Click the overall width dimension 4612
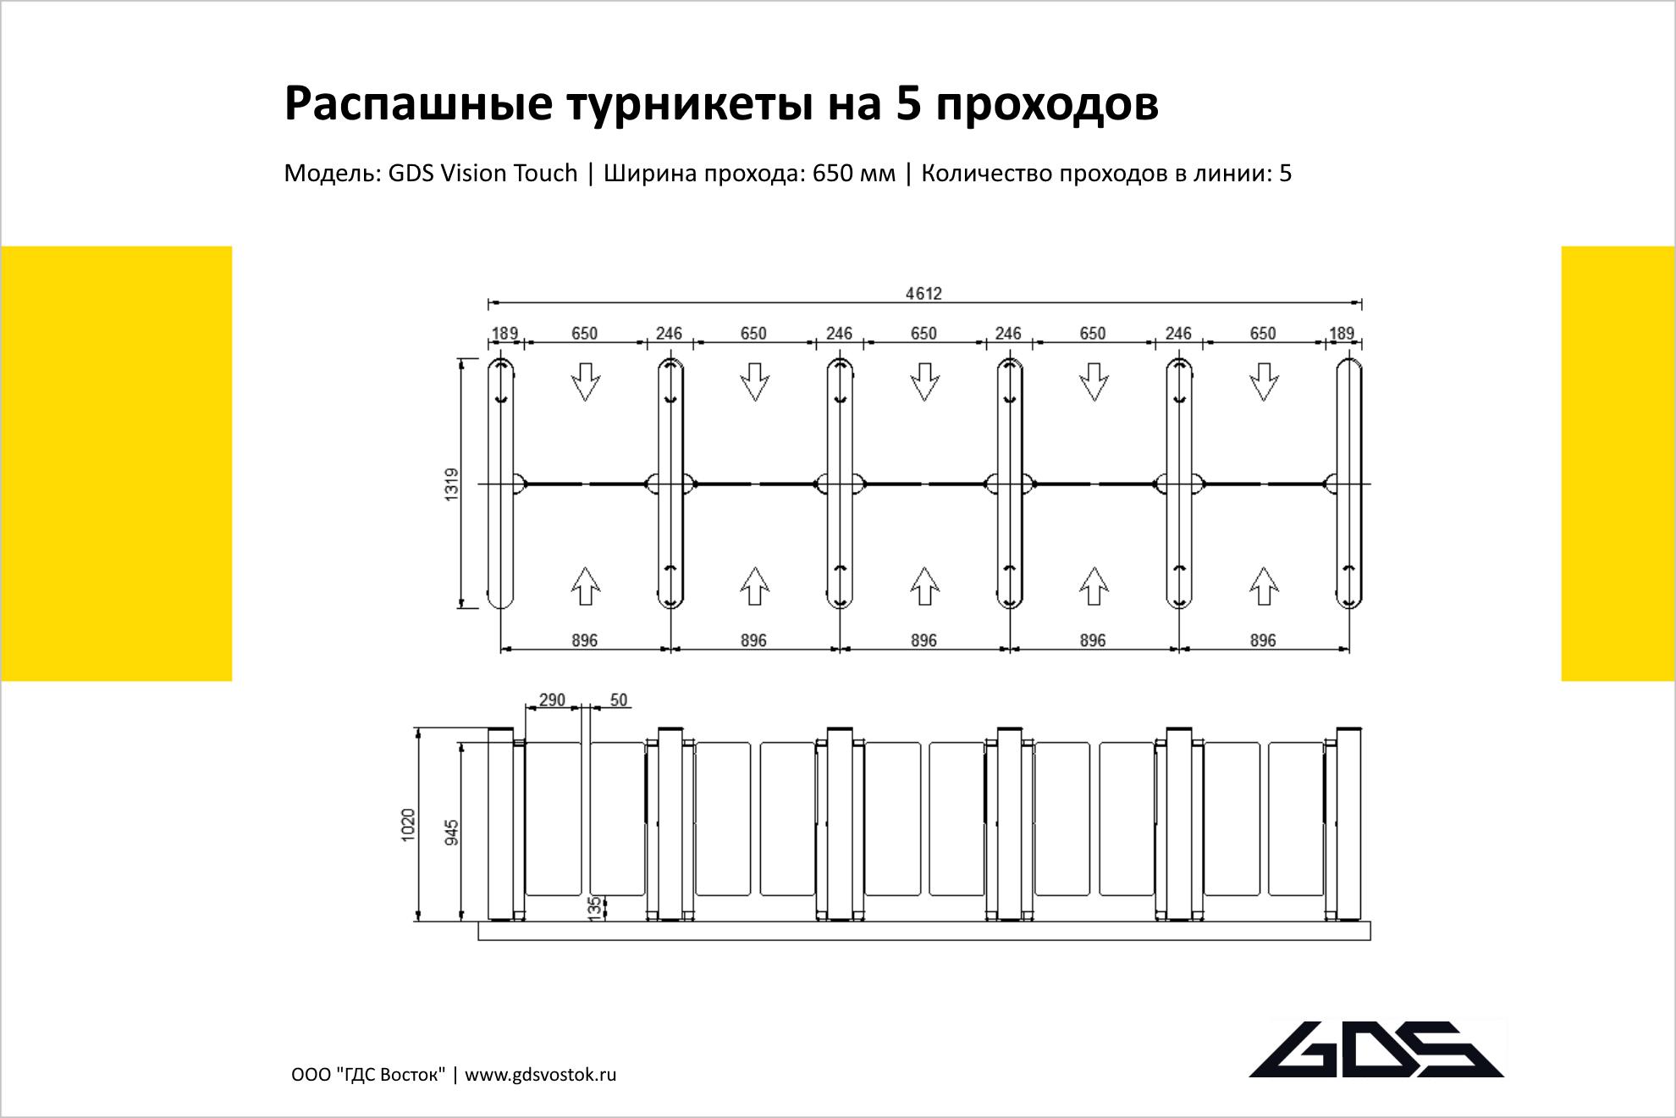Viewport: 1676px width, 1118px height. click(x=923, y=293)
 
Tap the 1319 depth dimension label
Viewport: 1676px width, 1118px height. click(x=451, y=484)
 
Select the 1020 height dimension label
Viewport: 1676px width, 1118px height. click(x=408, y=825)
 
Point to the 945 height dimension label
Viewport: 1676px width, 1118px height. click(x=452, y=832)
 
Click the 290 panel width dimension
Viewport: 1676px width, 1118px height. click(x=552, y=700)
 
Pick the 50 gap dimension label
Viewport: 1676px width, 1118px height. click(x=619, y=700)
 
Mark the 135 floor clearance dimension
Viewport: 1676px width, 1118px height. click(x=595, y=908)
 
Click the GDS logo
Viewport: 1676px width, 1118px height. click(x=1376, y=1049)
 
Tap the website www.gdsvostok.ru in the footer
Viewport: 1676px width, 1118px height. click(x=540, y=1075)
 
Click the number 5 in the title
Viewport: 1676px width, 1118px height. click(x=908, y=103)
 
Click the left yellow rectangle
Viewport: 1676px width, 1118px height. click(x=117, y=463)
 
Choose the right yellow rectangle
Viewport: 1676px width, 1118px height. click(x=1618, y=463)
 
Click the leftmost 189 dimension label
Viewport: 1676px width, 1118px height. click(x=504, y=333)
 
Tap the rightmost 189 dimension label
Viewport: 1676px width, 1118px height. click(x=1342, y=333)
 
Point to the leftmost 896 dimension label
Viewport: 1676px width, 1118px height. click(x=584, y=640)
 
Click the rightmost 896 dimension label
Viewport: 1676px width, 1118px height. click(x=1263, y=640)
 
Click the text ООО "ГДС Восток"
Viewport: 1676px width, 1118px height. click(x=368, y=1075)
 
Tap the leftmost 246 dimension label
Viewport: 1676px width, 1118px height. click(x=669, y=333)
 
